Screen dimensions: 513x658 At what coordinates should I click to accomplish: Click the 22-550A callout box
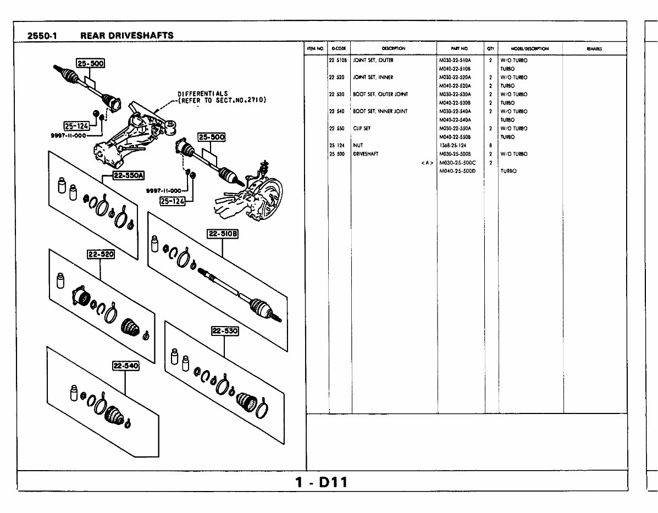(x=128, y=176)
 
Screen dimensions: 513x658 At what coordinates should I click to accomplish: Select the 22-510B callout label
(x=223, y=234)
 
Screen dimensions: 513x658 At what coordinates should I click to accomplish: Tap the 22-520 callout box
(x=100, y=254)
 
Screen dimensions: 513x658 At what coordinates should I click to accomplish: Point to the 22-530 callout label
(x=225, y=331)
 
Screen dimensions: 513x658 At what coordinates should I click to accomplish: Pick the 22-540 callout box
(x=126, y=366)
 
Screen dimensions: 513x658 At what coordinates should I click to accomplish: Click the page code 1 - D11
(x=321, y=483)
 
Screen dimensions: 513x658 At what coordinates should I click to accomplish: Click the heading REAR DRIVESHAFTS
(x=126, y=36)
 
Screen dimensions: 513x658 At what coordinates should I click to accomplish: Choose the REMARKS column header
(x=594, y=49)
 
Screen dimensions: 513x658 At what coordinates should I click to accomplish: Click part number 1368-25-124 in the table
(x=452, y=145)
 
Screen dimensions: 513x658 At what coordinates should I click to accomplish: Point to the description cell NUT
(x=358, y=145)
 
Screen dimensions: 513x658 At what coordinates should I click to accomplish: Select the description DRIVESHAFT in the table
(x=366, y=154)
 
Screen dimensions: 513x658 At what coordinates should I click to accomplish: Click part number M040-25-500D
(x=457, y=171)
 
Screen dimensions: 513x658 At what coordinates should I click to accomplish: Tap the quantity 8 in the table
(x=490, y=145)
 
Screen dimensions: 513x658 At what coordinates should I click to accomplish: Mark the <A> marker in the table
(x=427, y=163)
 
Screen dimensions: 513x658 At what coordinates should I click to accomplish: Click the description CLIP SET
(x=362, y=128)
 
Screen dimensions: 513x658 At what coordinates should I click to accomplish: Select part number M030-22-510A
(x=455, y=60)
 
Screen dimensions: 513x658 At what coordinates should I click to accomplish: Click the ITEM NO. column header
(x=316, y=49)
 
